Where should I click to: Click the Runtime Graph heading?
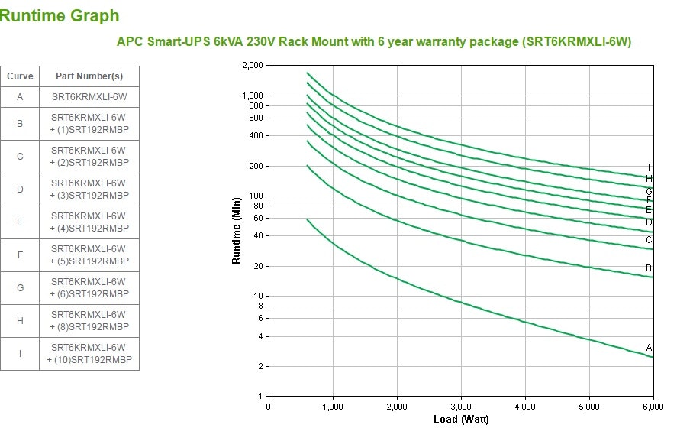click(x=60, y=15)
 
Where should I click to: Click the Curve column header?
click(x=20, y=76)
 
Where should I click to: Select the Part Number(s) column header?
click(x=89, y=76)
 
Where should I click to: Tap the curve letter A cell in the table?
click(x=20, y=97)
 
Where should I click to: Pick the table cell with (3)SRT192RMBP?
click(x=89, y=190)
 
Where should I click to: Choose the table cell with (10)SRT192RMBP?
click(x=89, y=354)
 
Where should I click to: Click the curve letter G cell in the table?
click(x=20, y=288)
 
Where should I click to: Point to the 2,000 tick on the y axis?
click(x=251, y=66)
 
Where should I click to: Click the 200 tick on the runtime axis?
click(x=255, y=166)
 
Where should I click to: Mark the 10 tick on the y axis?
click(x=257, y=296)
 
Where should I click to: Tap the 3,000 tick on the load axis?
click(x=460, y=407)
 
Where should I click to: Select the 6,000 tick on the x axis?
click(x=653, y=407)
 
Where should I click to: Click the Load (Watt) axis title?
click(x=460, y=419)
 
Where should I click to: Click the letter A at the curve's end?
click(x=649, y=348)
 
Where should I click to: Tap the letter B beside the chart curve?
click(x=649, y=268)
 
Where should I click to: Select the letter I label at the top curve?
click(x=649, y=168)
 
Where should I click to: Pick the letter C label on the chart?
click(x=649, y=240)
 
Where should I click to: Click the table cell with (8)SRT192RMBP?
click(x=89, y=321)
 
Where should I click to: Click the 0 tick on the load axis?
click(x=268, y=407)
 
